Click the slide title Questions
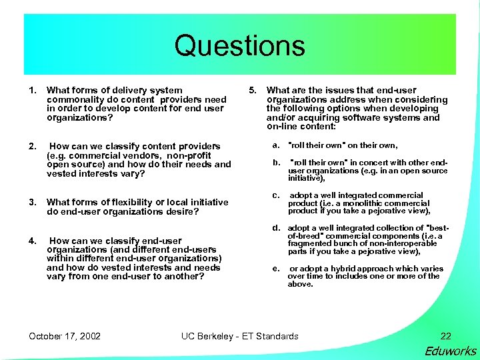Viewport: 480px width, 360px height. click(x=239, y=46)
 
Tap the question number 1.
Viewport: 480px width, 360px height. click(x=31, y=90)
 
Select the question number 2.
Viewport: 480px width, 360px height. click(x=31, y=146)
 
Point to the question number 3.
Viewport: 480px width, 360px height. click(x=31, y=202)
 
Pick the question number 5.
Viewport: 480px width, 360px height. click(x=252, y=90)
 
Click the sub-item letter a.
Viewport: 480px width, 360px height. click(x=275, y=145)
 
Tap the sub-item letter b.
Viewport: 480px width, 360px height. click(x=275, y=162)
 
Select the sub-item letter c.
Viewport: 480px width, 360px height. click(x=275, y=195)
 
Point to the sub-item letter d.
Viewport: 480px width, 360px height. click(x=275, y=228)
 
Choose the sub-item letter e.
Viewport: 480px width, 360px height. click(x=275, y=269)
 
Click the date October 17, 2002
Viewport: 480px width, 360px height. click(x=65, y=336)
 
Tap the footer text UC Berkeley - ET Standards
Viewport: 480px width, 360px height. click(x=240, y=336)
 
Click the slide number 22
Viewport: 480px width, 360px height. click(x=445, y=336)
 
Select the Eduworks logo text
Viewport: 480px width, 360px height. click(x=450, y=351)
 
